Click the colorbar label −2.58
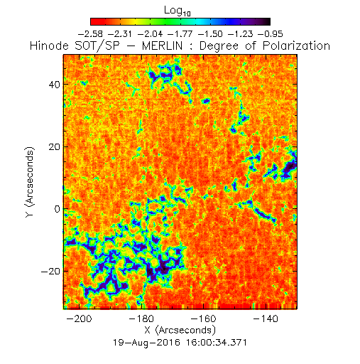coord(90,34)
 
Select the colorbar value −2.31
coord(120,34)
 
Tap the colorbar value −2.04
coord(151,34)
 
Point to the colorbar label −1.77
coord(180,34)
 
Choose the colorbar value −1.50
coord(210,34)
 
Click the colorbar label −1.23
coord(240,34)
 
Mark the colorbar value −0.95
coord(271,34)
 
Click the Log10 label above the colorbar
coord(178,11)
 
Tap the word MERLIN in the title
coord(163,45)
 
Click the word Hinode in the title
coord(49,45)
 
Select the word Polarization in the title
coord(296,45)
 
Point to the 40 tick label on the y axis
coord(54,85)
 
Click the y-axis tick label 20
coord(54,146)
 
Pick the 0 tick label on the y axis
coord(58,209)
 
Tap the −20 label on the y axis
coord(51,272)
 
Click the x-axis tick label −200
coord(79,318)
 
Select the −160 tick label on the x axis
coord(204,318)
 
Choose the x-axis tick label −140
coord(266,318)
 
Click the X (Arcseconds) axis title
coord(180,330)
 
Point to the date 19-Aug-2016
coord(146,343)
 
